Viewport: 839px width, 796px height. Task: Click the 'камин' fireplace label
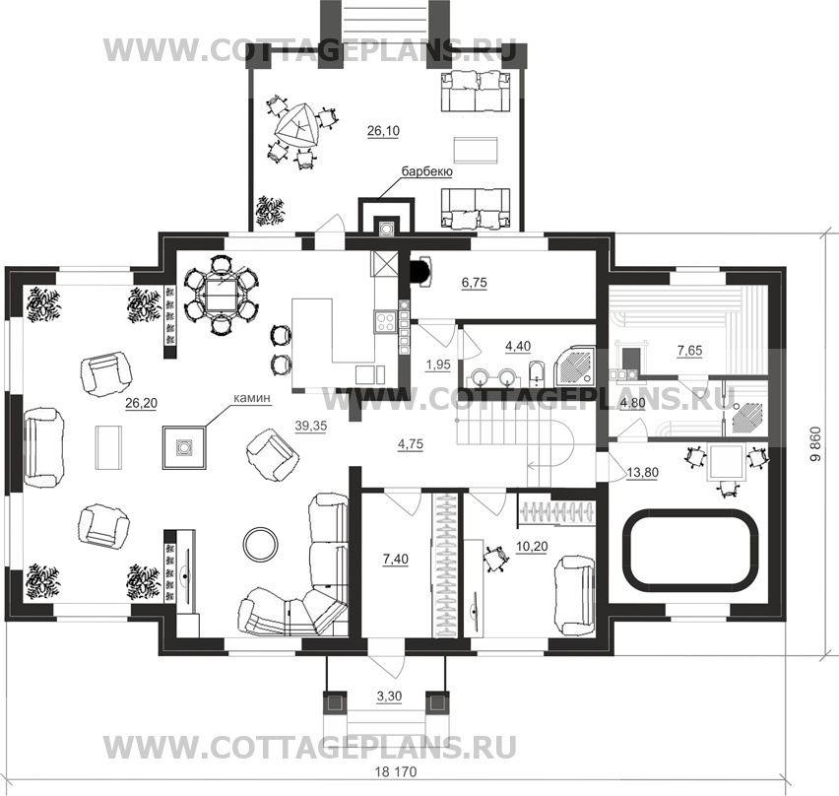coord(252,399)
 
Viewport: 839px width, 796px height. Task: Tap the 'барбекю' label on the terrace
coord(427,171)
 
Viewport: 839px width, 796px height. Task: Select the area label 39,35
coord(311,426)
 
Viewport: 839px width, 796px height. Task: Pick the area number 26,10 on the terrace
coord(383,131)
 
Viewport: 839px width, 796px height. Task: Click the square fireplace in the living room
coord(184,447)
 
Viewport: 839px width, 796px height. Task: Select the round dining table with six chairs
coord(221,295)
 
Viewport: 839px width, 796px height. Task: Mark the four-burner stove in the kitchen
coord(385,322)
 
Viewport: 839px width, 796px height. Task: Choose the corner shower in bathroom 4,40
coord(575,366)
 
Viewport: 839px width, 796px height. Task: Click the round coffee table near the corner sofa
coord(261,544)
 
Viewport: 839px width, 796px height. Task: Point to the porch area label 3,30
coord(389,696)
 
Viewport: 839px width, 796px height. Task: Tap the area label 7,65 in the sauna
coord(689,351)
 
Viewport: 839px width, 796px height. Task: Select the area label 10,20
coord(532,546)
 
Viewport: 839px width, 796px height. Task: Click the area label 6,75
coord(474,282)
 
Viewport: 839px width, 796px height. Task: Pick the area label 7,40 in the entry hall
coord(396,560)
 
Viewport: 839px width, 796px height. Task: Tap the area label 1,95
coord(437,365)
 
